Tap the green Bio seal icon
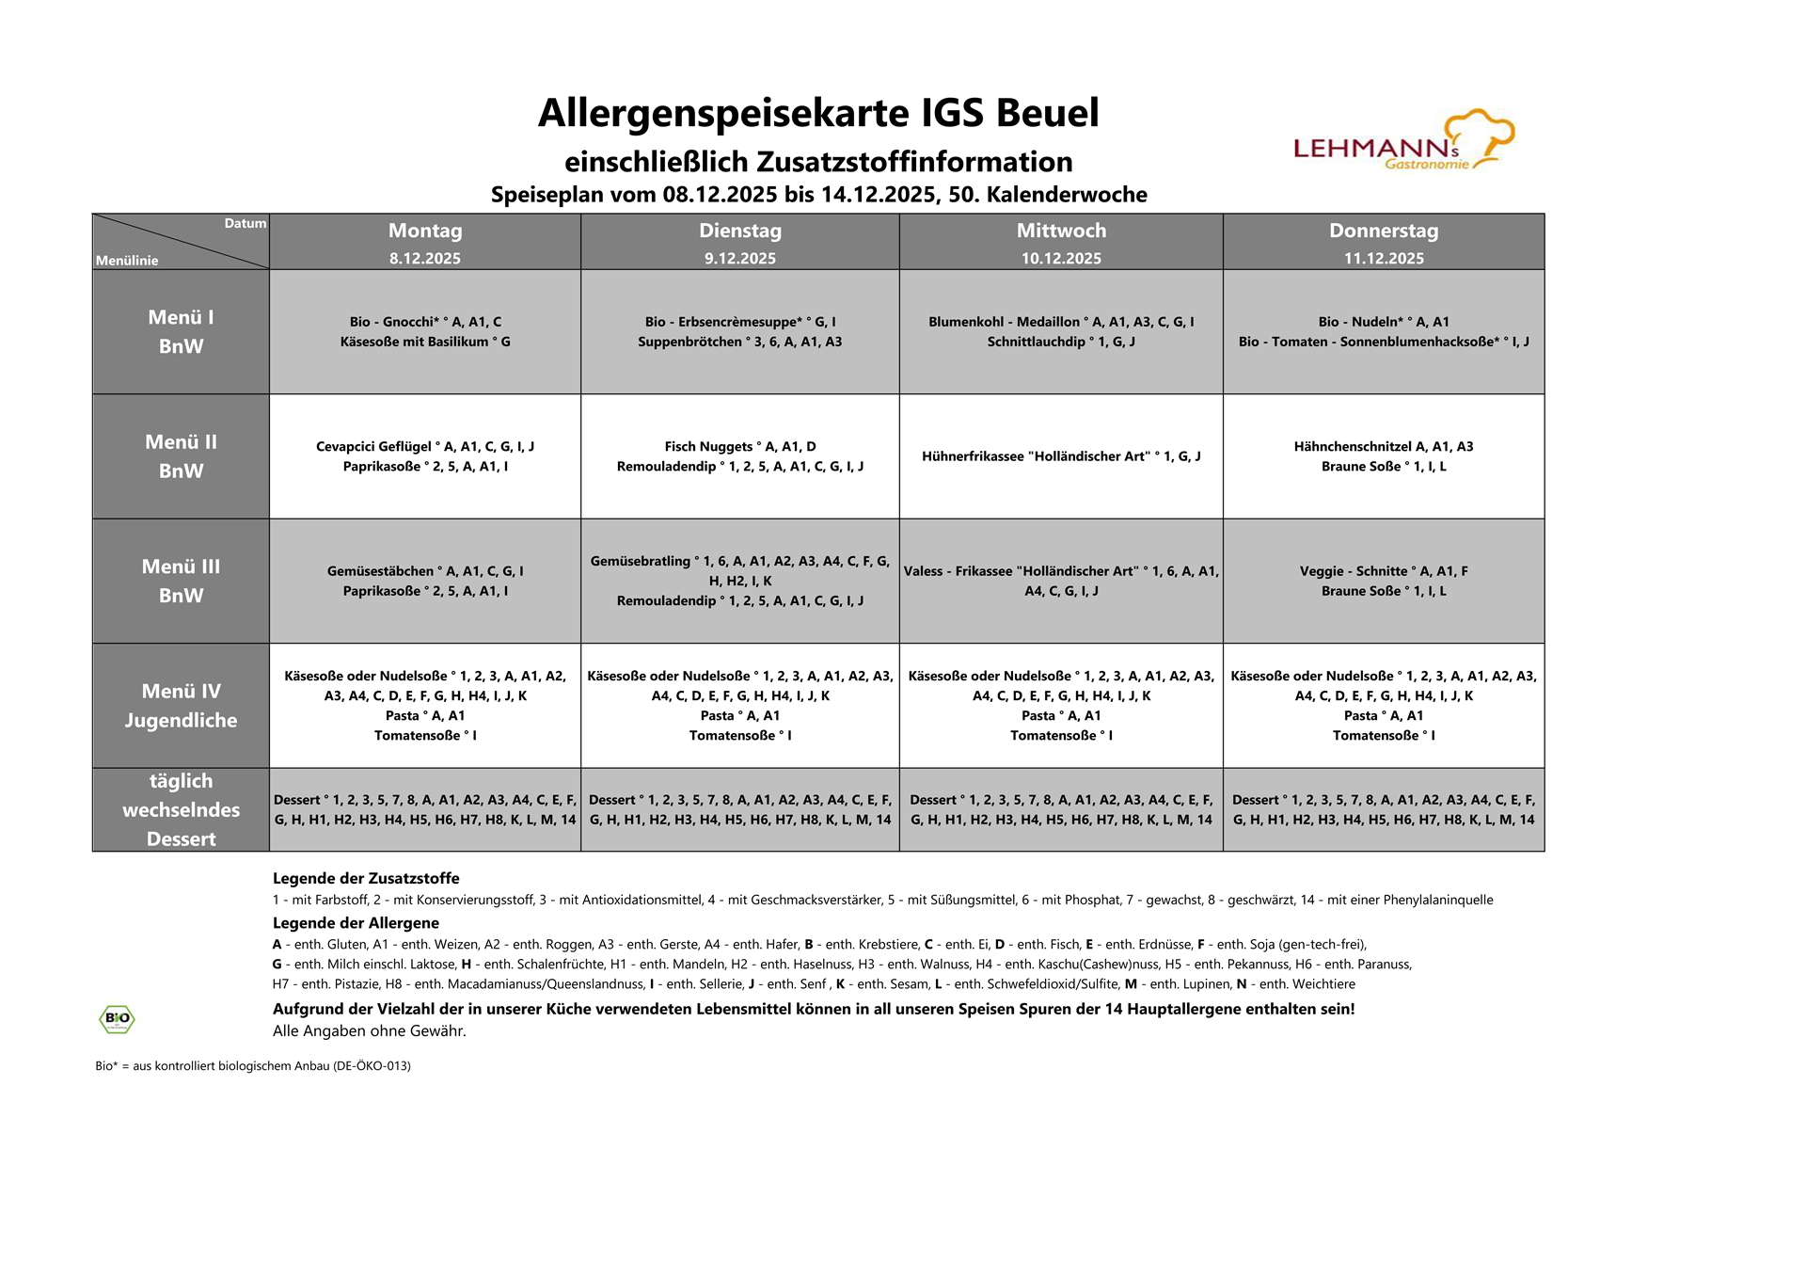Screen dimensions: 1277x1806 [x=117, y=1018]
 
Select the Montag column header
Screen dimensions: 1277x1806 [x=425, y=231]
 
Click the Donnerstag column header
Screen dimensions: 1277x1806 [x=1383, y=231]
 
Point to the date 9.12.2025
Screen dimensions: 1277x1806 [x=740, y=259]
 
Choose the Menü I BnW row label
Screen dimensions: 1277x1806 [x=181, y=331]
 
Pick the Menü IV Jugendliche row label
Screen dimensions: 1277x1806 [x=181, y=705]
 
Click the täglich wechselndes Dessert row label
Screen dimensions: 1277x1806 [x=181, y=809]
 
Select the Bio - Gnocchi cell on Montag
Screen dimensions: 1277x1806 [x=425, y=331]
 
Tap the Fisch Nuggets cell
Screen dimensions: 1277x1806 [x=740, y=455]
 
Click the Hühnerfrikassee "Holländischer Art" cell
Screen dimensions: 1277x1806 [x=1061, y=456]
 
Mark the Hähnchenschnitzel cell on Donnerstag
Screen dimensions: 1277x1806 [x=1383, y=455]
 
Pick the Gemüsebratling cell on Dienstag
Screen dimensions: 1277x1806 [x=740, y=581]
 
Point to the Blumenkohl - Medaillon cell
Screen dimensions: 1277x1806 [x=1061, y=331]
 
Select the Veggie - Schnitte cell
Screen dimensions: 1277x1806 [x=1383, y=581]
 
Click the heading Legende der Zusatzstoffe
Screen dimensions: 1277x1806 [x=366, y=878]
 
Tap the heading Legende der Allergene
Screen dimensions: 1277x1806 [x=356, y=923]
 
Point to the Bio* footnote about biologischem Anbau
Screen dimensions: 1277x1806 [x=252, y=1066]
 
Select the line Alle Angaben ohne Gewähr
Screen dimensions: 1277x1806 [x=369, y=1030]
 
